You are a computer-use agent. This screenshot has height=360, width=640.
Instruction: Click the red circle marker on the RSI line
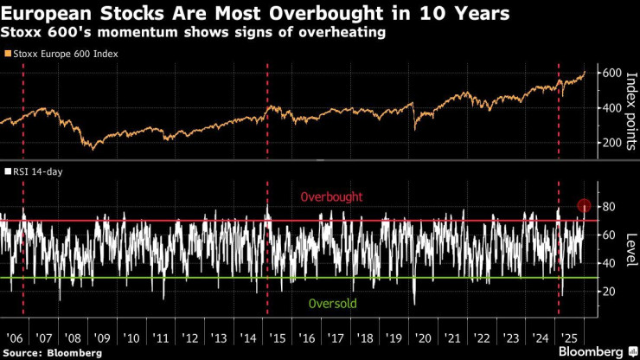586,206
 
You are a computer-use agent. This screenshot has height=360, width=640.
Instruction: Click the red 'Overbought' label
331,198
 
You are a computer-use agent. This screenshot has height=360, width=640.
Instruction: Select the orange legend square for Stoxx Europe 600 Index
8,53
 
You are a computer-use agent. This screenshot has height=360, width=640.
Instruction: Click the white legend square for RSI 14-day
8,171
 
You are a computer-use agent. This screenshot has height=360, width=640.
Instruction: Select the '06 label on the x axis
15,337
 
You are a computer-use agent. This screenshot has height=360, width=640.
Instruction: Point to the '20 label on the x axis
424,337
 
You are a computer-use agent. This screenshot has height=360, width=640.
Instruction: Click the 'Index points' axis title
630,110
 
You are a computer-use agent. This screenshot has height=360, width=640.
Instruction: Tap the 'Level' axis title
630,249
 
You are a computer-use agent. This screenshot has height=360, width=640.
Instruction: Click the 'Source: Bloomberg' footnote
52,353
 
